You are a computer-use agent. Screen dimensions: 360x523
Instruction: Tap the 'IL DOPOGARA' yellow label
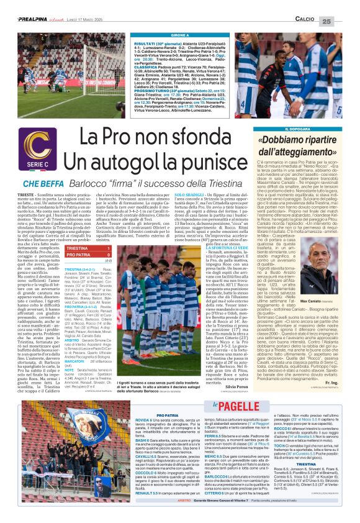coord(299,129)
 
